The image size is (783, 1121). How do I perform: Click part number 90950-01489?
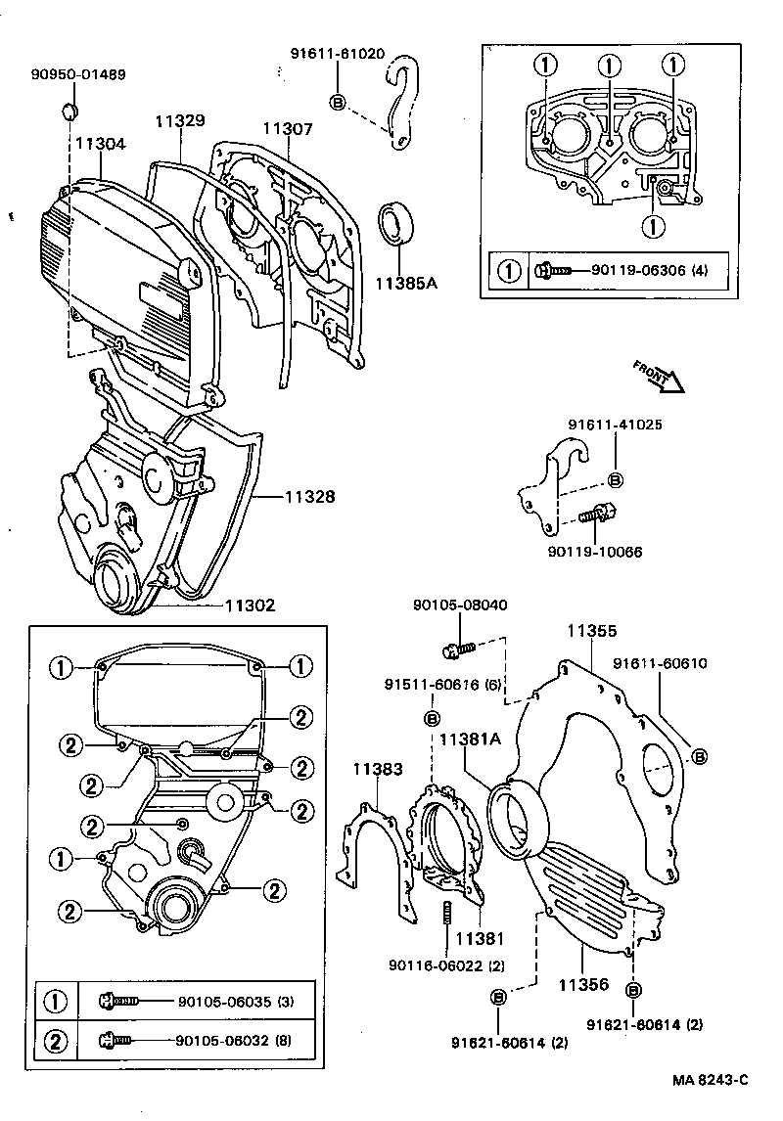pyautogui.click(x=77, y=74)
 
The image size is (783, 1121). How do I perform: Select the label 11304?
pyautogui.click(x=101, y=143)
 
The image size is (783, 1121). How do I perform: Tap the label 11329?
pyautogui.click(x=179, y=121)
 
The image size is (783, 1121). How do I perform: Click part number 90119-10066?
pyautogui.click(x=594, y=552)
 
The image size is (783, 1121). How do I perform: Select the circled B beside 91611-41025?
pyautogui.click(x=616, y=480)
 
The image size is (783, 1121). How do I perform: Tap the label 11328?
pyautogui.click(x=309, y=497)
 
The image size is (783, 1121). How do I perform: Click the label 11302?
pyautogui.click(x=250, y=605)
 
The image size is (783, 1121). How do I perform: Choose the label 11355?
pyautogui.click(x=591, y=632)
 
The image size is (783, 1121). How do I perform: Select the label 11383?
pyautogui.click(x=377, y=769)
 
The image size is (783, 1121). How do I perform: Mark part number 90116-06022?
pyautogui.click(x=442, y=966)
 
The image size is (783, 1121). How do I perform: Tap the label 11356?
pyautogui.click(x=585, y=984)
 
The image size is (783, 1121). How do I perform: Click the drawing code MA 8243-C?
pyautogui.click(x=710, y=1080)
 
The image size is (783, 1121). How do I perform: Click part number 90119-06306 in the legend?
pyautogui.click(x=637, y=270)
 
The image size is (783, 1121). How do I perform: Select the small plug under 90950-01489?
pyautogui.click(x=71, y=107)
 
